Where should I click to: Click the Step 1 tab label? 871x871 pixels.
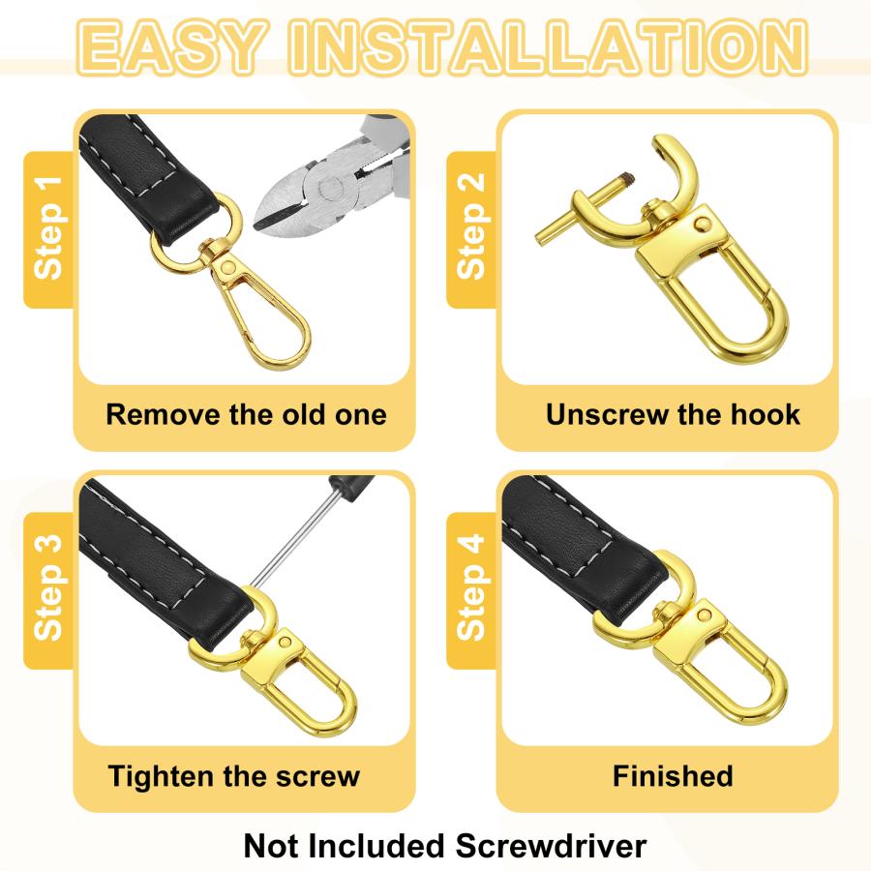48,227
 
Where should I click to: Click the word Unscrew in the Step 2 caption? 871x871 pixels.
607,414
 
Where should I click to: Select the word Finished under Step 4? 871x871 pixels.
673,775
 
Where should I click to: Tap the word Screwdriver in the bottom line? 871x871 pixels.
551,847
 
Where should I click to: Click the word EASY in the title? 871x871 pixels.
170,46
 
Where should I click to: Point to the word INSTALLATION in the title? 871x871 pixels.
548,46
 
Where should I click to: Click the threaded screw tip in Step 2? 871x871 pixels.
628,179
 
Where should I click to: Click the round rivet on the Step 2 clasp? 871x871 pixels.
704,224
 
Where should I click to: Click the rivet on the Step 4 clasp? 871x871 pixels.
704,615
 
